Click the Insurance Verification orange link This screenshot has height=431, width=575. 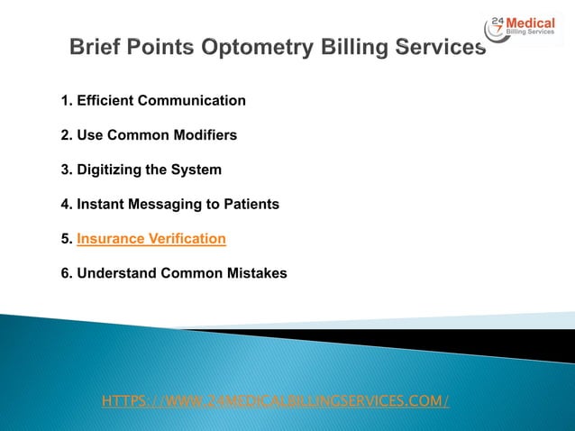tap(151, 239)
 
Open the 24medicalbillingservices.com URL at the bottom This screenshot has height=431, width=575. tap(276, 399)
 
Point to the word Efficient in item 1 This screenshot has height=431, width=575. tap(106, 100)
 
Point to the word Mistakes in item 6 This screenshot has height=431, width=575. tap(257, 273)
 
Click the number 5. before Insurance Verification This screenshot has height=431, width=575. tap(67, 239)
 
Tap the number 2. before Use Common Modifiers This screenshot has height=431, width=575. tap(67, 135)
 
